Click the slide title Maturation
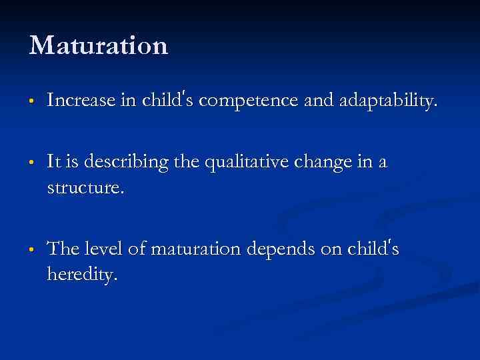(99, 46)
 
